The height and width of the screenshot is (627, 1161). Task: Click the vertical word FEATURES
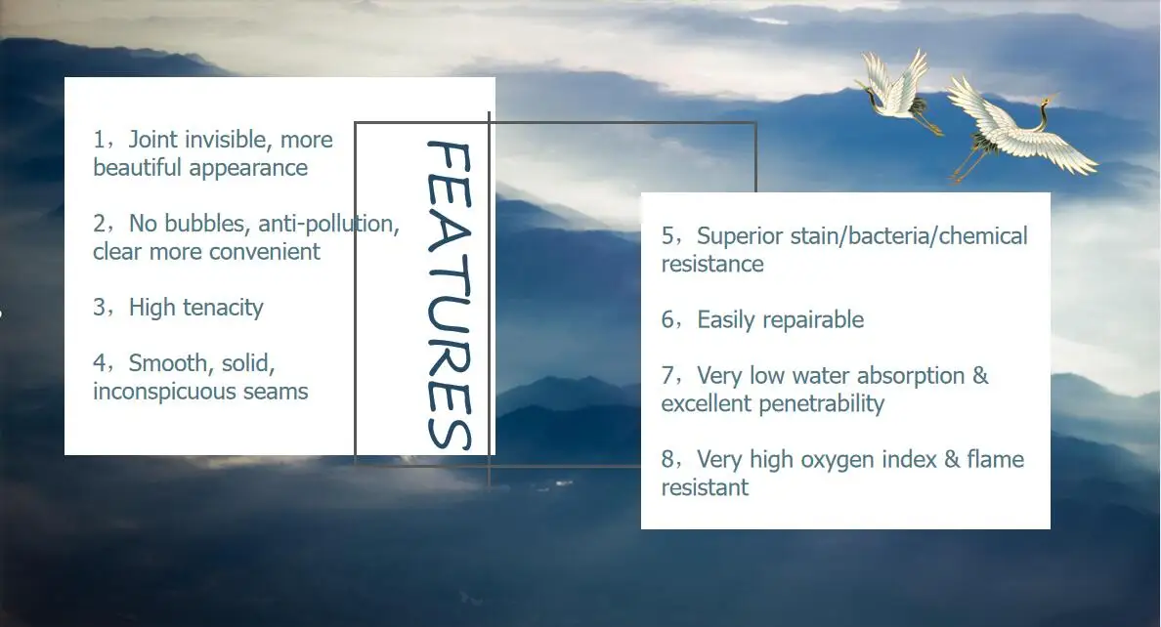449,295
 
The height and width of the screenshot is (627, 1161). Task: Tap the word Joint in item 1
153,139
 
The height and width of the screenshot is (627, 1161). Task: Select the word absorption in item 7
911,376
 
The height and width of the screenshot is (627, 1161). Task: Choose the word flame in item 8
995,459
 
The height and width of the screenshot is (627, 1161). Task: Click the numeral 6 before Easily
667,319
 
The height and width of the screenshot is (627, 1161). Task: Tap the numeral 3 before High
100,308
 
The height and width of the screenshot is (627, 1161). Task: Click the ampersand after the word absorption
980,375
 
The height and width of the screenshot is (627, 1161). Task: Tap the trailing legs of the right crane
967,163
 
